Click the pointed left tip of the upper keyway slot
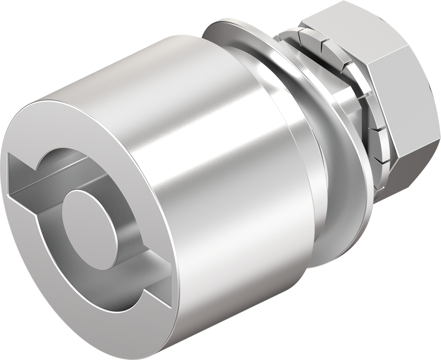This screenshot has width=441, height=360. tap(9, 157)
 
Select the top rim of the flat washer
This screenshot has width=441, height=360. tap(233, 22)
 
